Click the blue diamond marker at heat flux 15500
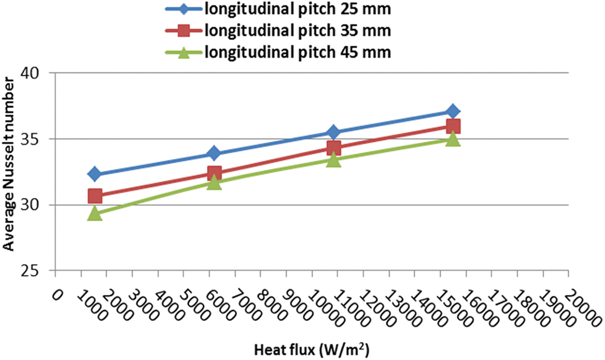pyautogui.click(x=453, y=111)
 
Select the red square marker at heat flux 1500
pyautogui.click(x=95, y=196)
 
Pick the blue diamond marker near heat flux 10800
pyautogui.click(x=334, y=132)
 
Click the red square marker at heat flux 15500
pyautogui.click(x=453, y=126)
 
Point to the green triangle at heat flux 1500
pyautogui.click(x=95, y=213)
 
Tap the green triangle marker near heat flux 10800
pyautogui.click(x=334, y=160)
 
